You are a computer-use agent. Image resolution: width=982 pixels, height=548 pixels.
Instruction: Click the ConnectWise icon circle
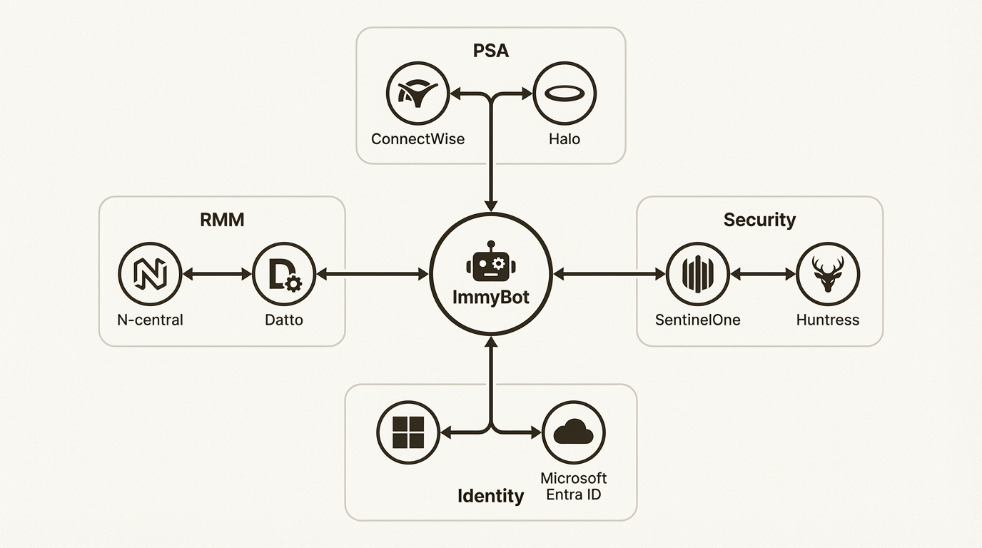[x=417, y=93]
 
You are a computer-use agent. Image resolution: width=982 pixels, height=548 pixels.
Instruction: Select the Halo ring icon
[x=565, y=93]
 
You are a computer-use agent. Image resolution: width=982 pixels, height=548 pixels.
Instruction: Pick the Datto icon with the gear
[x=284, y=274]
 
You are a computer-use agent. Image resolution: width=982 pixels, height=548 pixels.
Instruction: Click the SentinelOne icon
[x=697, y=274]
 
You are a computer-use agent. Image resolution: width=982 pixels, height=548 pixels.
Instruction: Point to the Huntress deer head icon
[x=828, y=274]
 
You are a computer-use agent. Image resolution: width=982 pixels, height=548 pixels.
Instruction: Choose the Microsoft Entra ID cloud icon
[x=574, y=432]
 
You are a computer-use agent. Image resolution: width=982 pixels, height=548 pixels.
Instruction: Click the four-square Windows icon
[x=408, y=432]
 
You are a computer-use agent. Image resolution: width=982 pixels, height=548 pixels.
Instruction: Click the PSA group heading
[x=491, y=51]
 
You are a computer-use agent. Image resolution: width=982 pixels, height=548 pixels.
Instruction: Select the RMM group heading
[x=222, y=220]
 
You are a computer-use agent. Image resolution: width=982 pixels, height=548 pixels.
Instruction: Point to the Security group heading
[x=759, y=220]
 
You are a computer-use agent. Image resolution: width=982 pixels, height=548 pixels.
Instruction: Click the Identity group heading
[x=490, y=496]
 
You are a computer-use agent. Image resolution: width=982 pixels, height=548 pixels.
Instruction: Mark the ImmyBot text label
[x=491, y=298]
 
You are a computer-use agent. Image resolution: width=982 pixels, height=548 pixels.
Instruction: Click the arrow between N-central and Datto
[x=218, y=274]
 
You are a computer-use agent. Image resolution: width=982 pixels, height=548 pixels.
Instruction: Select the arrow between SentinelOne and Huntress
[x=762, y=274]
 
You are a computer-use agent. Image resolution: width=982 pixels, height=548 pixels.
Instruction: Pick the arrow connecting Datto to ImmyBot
[x=372, y=274]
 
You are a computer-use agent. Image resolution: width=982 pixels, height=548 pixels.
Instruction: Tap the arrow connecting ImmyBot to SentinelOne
[x=609, y=274]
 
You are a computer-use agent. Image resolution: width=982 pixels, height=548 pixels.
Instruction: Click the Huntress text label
[x=828, y=320]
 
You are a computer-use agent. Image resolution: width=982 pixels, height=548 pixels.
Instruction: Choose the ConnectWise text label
[x=417, y=138]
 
